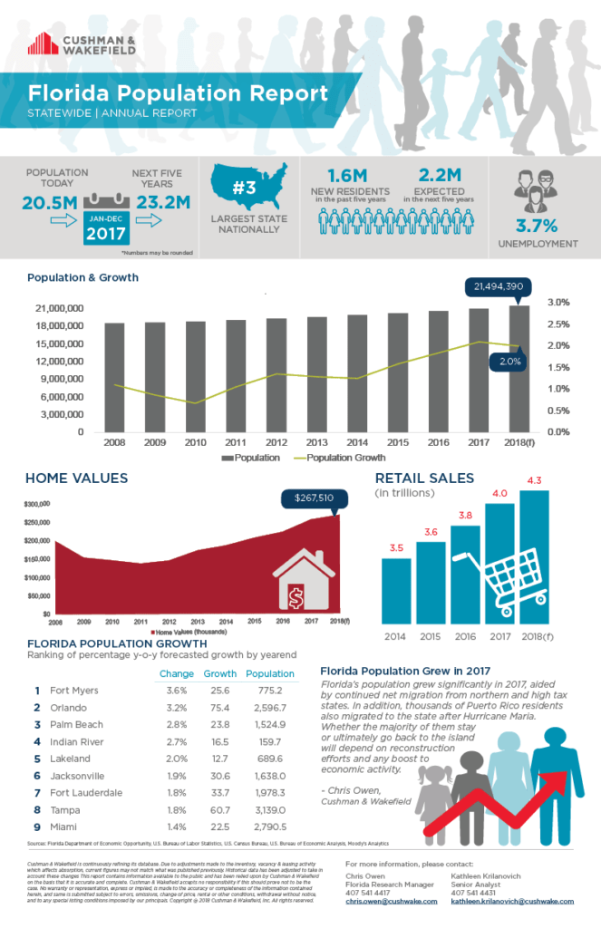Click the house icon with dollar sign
pos(298,581)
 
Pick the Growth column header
pos(219,673)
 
